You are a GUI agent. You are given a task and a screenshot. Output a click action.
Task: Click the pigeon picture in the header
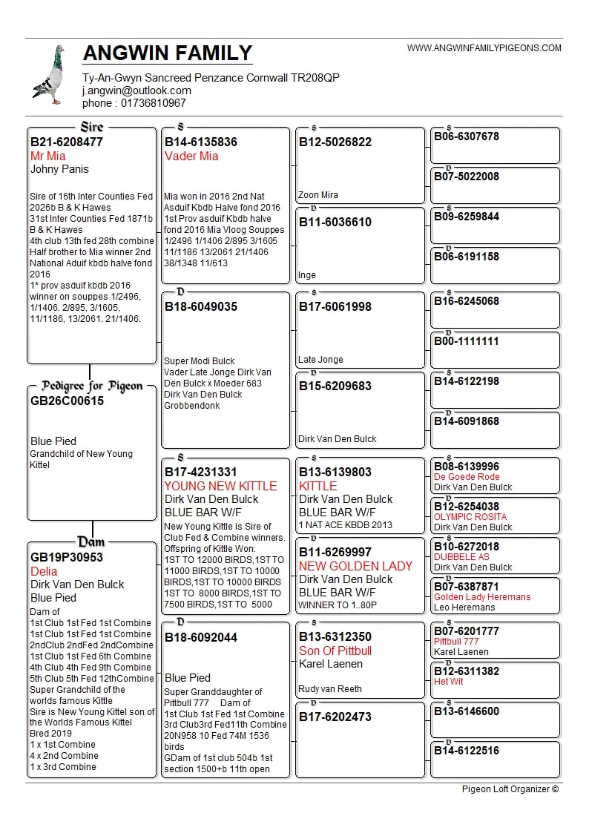click(x=49, y=75)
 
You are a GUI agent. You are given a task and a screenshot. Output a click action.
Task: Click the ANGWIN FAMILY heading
click(x=168, y=53)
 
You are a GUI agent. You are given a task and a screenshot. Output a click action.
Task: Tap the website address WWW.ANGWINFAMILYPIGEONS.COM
click(x=484, y=48)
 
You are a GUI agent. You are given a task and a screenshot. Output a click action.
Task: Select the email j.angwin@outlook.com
click(x=136, y=90)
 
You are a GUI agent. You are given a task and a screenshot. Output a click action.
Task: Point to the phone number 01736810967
click(x=154, y=103)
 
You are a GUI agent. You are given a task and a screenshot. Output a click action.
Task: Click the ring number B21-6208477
click(x=67, y=142)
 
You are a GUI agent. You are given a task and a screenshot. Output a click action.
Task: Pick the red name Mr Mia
click(x=47, y=156)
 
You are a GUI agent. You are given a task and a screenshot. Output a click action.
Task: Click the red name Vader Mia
click(x=191, y=156)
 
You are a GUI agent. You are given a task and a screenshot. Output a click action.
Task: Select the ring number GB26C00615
click(x=68, y=401)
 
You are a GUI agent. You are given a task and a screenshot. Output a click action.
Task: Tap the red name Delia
click(x=44, y=571)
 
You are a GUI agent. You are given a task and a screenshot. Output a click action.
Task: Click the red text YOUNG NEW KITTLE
click(x=220, y=486)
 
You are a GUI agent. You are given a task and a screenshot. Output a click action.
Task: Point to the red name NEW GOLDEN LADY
click(x=355, y=566)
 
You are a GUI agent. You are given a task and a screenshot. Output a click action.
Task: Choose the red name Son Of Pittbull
click(x=335, y=651)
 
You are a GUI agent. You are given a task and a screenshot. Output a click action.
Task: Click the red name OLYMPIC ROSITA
click(x=470, y=517)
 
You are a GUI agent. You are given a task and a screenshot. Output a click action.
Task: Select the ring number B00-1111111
click(x=467, y=341)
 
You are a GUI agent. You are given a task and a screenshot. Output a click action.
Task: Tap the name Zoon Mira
click(x=318, y=195)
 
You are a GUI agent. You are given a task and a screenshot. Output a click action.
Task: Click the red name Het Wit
click(x=448, y=682)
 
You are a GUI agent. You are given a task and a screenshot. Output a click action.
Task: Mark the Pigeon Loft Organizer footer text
click(x=510, y=789)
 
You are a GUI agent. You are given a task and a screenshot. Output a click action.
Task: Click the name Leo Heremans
click(x=464, y=608)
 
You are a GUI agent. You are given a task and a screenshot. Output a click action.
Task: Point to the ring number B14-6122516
click(x=467, y=751)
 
